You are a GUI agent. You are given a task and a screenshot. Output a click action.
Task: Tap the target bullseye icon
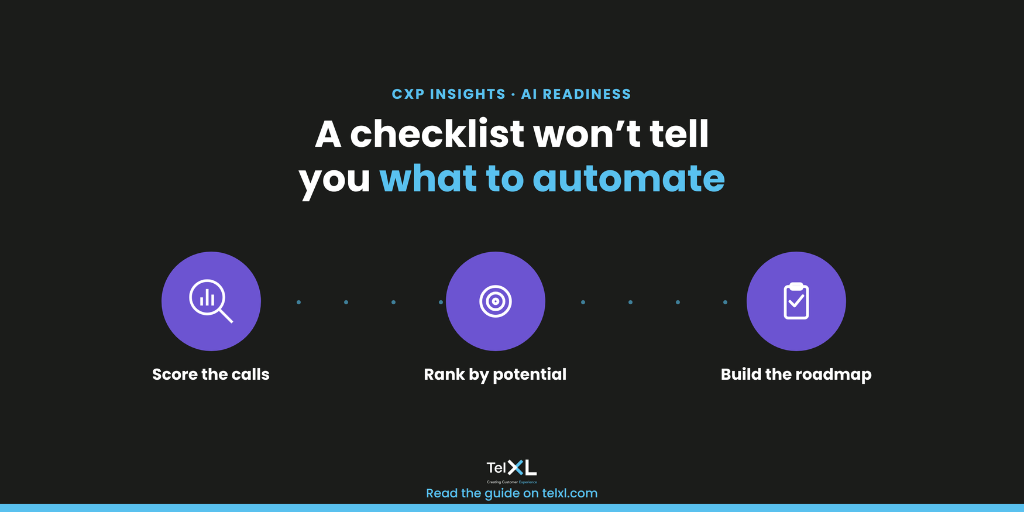[496, 301]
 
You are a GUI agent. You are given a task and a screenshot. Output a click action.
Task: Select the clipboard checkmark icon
[796, 301]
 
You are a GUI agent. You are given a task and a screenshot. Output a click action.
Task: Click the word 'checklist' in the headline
[437, 134]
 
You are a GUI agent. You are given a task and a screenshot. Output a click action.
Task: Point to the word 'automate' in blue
[628, 178]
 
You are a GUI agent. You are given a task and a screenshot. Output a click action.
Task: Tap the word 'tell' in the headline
[679, 134]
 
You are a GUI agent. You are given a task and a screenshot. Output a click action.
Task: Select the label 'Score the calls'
[211, 374]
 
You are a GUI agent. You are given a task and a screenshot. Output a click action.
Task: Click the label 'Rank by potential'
[495, 375]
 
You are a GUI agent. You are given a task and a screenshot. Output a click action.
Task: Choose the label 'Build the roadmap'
[796, 375]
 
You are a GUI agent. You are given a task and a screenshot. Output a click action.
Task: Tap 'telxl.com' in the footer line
[570, 493]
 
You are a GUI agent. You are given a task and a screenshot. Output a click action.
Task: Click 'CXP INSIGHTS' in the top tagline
[448, 94]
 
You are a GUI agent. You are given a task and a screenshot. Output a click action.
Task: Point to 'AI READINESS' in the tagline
[576, 94]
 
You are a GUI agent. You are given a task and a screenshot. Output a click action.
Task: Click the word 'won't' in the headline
[587, 134]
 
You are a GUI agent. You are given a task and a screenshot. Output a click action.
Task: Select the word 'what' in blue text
[428, 178]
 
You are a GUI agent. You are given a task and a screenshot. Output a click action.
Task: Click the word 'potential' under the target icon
[530, 375]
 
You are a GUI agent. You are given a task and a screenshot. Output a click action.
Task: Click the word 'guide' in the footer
[502, 494]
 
